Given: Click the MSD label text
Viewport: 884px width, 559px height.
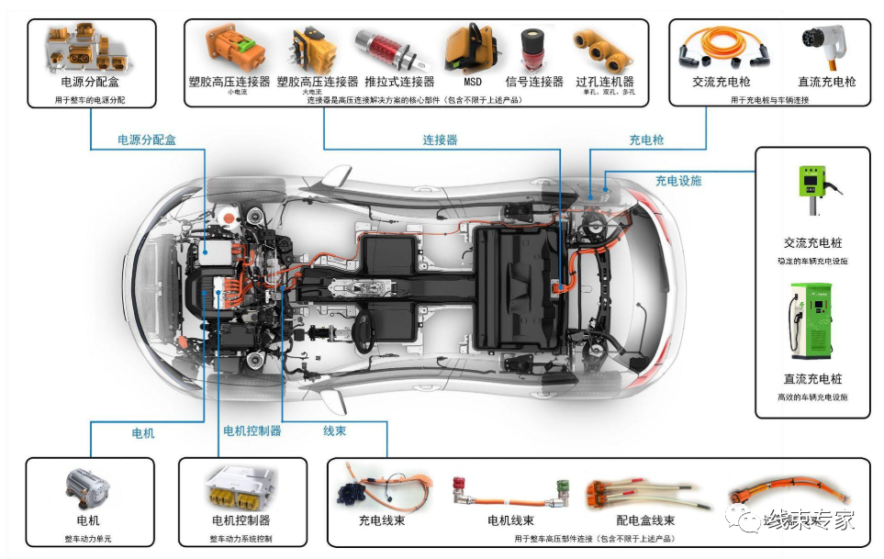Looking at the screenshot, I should click(x=472, y=81).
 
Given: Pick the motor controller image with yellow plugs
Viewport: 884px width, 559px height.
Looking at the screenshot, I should click(x=241, y=487).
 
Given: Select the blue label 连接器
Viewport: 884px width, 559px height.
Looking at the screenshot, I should click(x=440, y=140).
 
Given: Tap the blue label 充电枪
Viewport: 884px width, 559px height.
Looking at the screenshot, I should click(x=646, y=140).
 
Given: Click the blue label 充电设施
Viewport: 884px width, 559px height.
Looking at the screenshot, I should click(x=677, y=181).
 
